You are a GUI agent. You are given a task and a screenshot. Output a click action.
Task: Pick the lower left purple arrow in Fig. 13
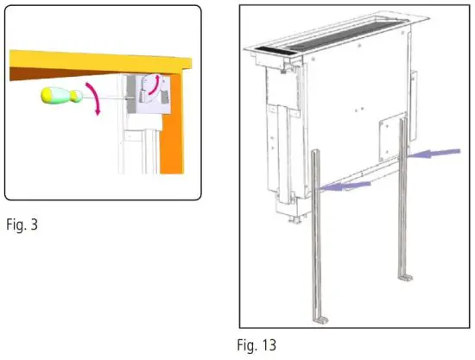click(x=345, y=184)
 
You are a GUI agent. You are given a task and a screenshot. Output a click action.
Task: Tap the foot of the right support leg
click(x=405, y=280)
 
